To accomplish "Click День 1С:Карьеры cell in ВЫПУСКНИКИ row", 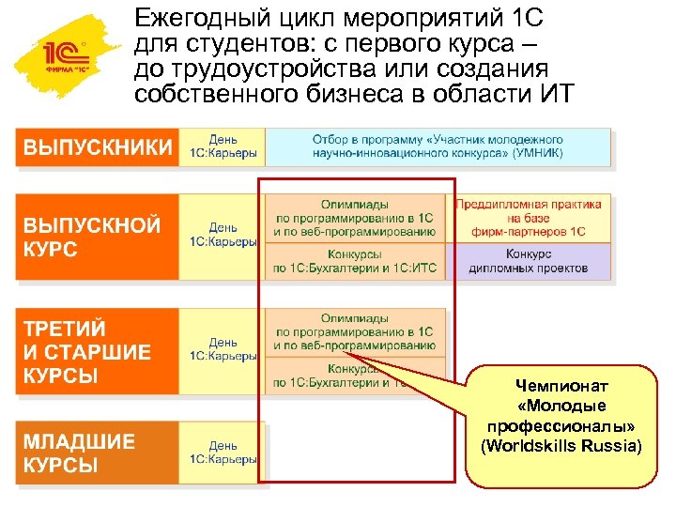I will (x=223, y=147).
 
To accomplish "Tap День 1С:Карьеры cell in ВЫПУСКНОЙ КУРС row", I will (x=223, y=236).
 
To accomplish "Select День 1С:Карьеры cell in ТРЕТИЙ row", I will (x=223, y=350).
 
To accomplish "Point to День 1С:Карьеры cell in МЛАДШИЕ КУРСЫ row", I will (x=223, y=453).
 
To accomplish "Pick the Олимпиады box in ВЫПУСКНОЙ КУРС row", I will (x=354, y=217).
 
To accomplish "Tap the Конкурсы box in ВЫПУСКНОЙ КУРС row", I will (x=354, y=261).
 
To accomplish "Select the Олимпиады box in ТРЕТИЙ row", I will (x=354, y=332).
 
